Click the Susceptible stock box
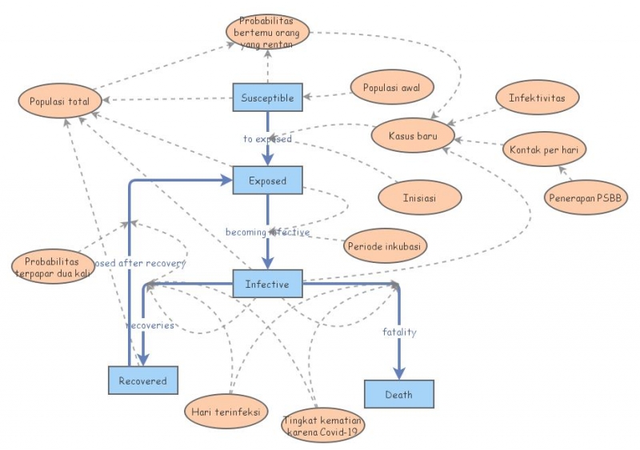[x=267, y=98]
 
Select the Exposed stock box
[x=267, y=181]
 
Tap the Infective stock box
[x=267, y=283]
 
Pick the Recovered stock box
[x=143, y=380]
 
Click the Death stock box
[x=399, y=394]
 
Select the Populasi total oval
[x=60, y=102]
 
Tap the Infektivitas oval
[x=537, y=98]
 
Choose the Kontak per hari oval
[x=544, y=149]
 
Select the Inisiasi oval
[x=419, y=197]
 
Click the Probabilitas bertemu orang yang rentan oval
[x=267, y=32]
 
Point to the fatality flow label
[x=399, y=332]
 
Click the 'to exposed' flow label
[x=267, y=138]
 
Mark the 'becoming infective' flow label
[x=267, y=233]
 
